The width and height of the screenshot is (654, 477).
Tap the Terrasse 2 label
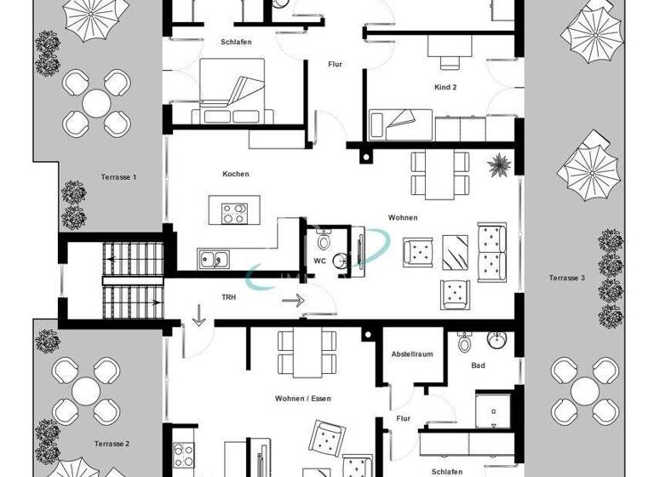[x=112, y=444]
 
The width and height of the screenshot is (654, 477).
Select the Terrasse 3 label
[x=566, y=278]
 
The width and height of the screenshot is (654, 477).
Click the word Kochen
[x=236, y=174]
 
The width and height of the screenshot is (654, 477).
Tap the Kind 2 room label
[x=445, y=87]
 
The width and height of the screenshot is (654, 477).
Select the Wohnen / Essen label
[x=302, y=399]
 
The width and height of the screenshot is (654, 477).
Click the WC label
[x=319, y=260]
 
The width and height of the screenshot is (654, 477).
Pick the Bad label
[x=479, y=365]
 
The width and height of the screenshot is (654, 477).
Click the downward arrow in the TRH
[x=199, y=317]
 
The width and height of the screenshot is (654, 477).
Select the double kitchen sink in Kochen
[x=213, y=258]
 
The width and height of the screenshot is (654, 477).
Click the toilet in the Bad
[x=464, y=343]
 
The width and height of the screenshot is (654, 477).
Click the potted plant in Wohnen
[x=497, y=162]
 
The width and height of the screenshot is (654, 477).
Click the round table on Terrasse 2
[x=85, y=392]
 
